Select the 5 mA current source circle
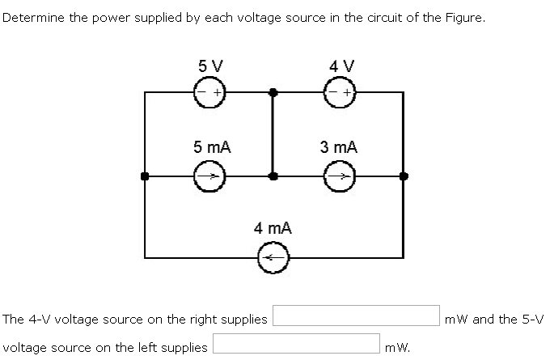208,176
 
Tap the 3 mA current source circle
337,176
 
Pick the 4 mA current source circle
272,258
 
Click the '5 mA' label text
212,147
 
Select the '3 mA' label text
338,147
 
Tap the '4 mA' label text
273,229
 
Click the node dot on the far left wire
145,176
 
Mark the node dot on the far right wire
404,176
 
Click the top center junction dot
273,93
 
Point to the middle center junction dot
273,176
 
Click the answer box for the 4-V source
355,318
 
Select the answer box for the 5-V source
297,346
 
